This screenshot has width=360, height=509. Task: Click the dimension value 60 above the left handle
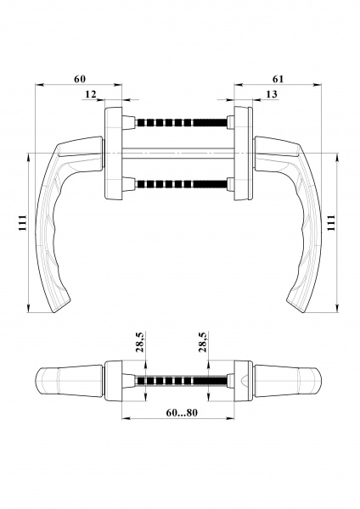(80, 79)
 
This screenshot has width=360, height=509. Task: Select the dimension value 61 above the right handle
(278, 79)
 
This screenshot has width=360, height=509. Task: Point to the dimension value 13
(271, 93)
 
